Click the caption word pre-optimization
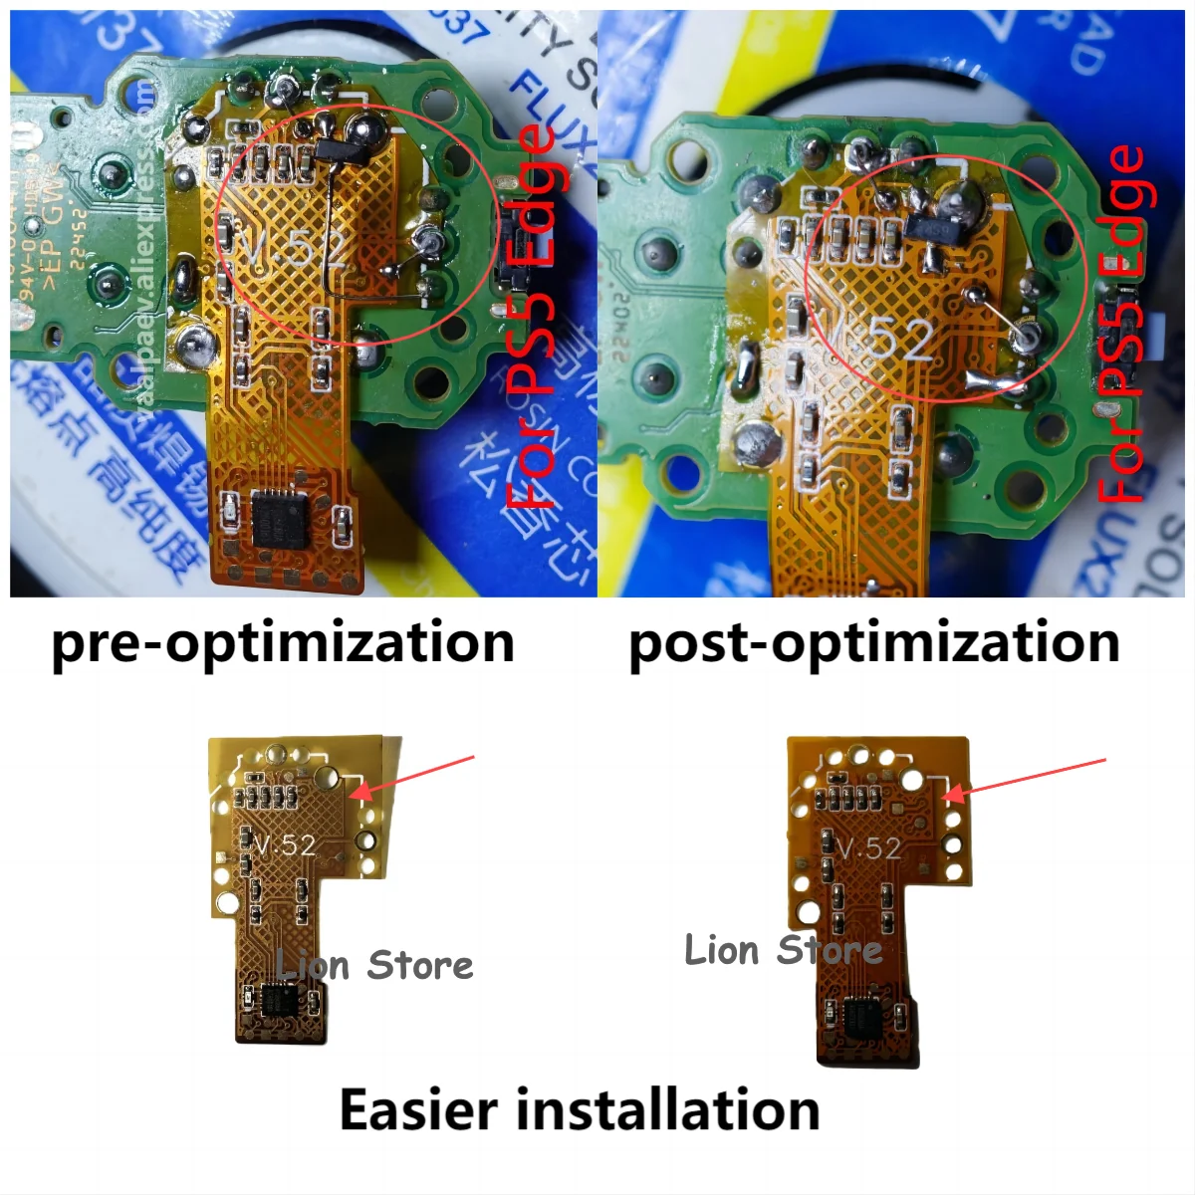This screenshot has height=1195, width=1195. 283,642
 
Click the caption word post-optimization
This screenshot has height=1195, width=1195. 874,642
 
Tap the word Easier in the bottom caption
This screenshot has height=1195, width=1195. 416,1109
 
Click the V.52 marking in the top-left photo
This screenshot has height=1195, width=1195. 296,249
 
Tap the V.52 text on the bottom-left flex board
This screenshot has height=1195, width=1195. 285,845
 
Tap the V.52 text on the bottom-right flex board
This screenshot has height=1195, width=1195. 869,848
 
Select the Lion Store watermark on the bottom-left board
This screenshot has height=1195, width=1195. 374,965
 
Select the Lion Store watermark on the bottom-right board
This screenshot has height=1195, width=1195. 783,950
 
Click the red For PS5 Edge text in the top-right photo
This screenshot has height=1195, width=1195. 1125,324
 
